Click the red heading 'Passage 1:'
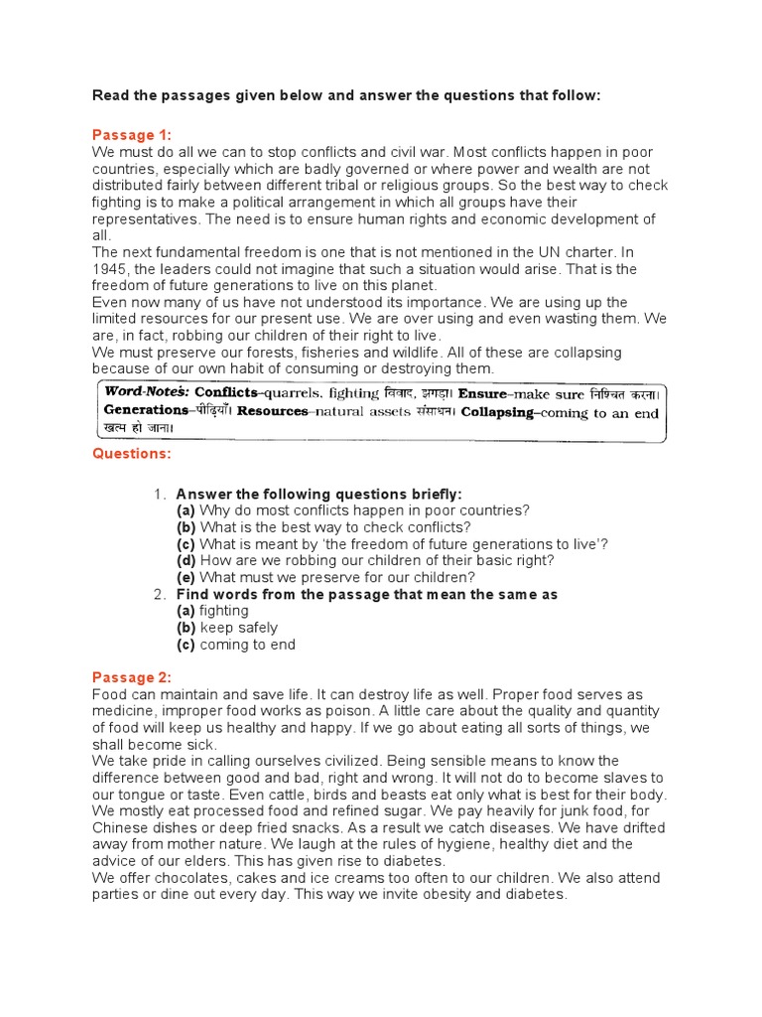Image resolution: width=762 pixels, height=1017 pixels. pos(132,135)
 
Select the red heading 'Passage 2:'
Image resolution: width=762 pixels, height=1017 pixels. pos(132,677)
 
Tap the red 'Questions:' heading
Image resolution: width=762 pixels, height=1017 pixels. pos(132,454)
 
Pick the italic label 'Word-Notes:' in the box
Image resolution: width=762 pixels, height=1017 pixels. pos(147,392)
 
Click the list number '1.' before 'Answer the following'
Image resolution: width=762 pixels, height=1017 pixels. pos(160,494)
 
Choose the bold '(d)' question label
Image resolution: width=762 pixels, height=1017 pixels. pos(187,560)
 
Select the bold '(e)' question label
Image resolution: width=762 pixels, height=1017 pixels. pos(187,577)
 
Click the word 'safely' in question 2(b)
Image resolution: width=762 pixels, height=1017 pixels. pos(258,628)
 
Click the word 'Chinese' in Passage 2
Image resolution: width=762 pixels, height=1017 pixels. pos(120,828)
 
